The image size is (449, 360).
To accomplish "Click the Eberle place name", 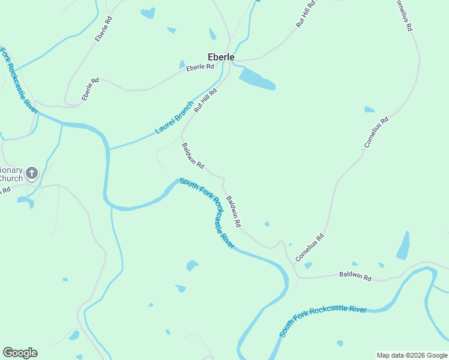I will pos(221,56).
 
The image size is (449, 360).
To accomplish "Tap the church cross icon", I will pos(32,174).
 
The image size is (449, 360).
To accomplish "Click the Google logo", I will pos(20,353).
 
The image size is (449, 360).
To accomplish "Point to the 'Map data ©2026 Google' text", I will pos(411,355).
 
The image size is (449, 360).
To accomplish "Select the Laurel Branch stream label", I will pos(174,117).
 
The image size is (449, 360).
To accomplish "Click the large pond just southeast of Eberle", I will pos(256,79).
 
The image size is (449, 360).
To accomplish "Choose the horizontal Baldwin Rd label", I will pos(355,276).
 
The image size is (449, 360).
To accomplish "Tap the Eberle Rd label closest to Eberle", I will pos(200,67).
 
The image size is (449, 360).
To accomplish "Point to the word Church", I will pos(11,178).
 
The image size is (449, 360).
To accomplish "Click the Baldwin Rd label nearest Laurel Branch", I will pos(193,155).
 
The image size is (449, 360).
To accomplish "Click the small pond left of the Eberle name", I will pos(182,64).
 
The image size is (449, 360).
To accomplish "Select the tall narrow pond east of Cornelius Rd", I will pos(403,246).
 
